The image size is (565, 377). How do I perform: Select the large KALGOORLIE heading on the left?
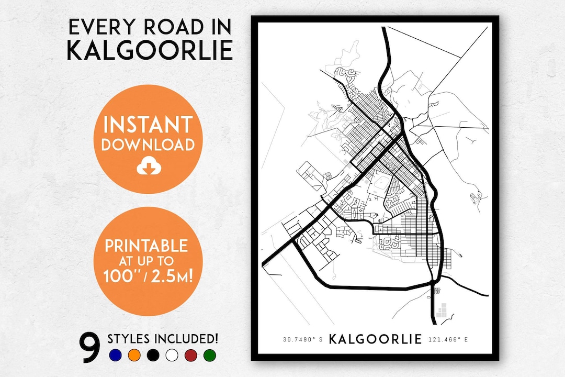coord(150,50)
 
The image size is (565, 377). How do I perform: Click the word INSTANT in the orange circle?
coord(148,125)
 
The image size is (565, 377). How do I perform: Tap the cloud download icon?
coord(147,167)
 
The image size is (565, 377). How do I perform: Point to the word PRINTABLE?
coord(146,245)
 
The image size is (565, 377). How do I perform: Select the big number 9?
coord(90,348)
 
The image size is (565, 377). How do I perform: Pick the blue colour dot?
coord(116,356)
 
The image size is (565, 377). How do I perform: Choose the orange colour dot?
coord(134,356)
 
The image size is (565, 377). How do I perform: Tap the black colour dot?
coord(153,356)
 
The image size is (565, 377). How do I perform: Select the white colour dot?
coord(172,356)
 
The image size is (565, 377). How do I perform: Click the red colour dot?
coord(191,356)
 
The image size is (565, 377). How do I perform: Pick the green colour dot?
coord(210,356)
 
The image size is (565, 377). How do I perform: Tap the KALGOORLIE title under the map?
coord(375,339)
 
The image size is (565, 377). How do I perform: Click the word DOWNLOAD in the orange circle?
coord(148,145)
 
